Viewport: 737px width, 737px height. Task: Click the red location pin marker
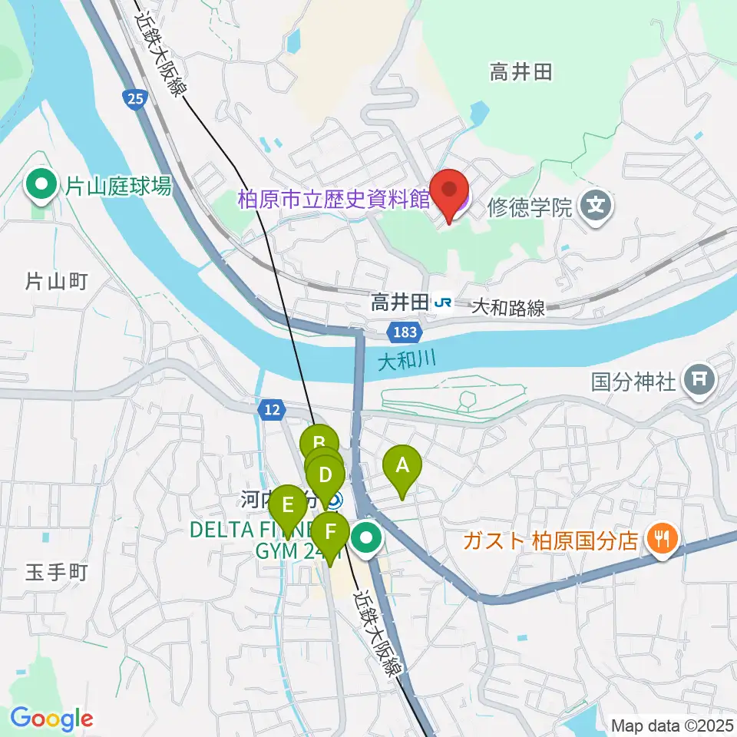pos(449,190)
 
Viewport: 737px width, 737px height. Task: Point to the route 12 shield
pos(270,410)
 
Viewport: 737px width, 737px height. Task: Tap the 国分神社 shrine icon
pos(700,378)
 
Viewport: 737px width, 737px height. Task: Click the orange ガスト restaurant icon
pos(660,540)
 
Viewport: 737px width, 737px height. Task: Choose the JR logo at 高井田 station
pos(443,303)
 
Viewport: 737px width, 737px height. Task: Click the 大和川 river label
pos(405,359)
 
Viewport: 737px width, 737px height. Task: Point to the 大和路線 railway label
pos(508,308)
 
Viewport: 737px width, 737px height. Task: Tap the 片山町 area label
pos(56,282)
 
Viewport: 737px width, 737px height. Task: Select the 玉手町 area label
pos(58,572)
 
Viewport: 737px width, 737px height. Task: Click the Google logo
pos(51,719)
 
